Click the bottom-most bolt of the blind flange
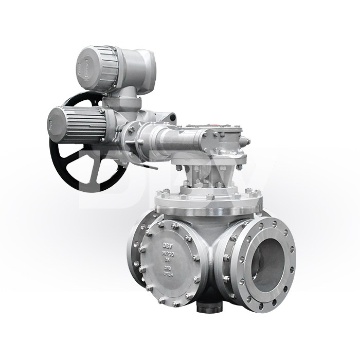click(175, 304)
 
